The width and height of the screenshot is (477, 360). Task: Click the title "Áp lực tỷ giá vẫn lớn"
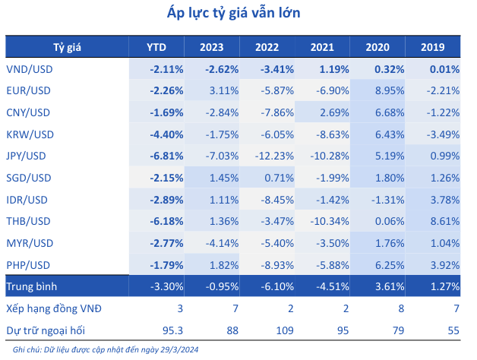[238, 14]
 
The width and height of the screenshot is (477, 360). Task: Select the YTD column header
[156, 47]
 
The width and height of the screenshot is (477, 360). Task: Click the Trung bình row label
[35, 288]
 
